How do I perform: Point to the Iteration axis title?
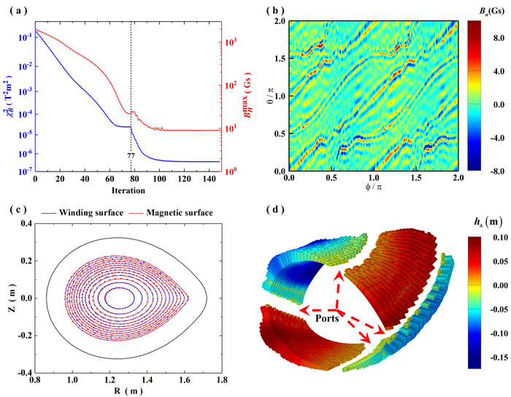point(128,190)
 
